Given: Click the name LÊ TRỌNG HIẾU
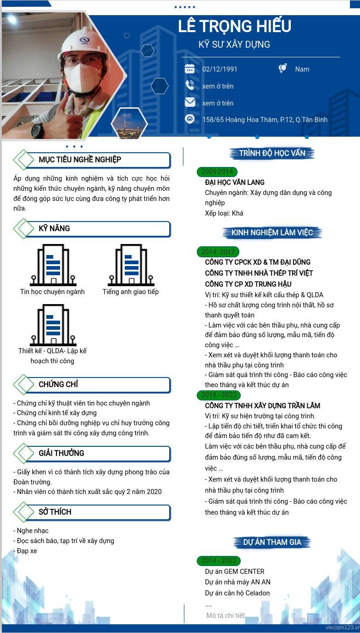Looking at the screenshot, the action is point(234,26).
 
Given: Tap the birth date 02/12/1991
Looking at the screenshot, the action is point(220,69).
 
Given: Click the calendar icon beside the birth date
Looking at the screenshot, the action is point(189,69).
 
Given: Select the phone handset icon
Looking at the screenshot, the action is point(189,85).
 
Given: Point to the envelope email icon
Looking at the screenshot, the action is point(190,102).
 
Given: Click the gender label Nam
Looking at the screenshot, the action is point(302,69).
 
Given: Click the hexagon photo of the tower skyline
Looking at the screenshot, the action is point(129,123).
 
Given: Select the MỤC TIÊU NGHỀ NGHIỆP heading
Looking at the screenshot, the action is point(80,160).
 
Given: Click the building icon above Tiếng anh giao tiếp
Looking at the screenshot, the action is point(131,265).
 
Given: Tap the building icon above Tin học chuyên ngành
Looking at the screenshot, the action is point(53,265).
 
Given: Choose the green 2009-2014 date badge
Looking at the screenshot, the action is point(217,172).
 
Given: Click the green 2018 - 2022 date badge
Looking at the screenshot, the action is point(219,395).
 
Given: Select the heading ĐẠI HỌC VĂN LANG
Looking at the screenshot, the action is point(235,182).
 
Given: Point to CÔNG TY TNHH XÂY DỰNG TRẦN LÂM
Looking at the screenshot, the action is point(262,406).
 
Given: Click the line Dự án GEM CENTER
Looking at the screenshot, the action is point(235,572).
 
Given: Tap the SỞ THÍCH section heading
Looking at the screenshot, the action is point(55,512).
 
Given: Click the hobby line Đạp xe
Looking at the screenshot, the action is point(25,551).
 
